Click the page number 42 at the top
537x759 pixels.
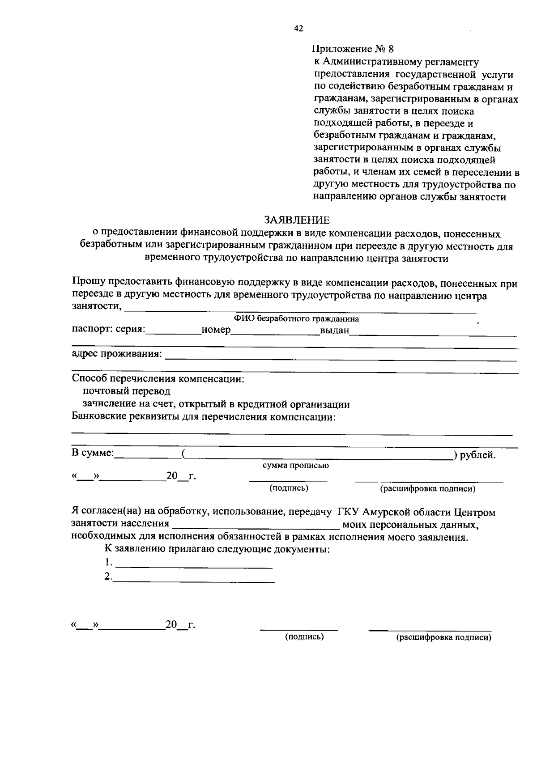tap(298, 29)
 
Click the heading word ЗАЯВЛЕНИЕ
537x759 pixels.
tap(297, 220)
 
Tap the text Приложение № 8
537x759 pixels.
tap(353, 49)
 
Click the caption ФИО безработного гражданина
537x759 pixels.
tap(296, 319)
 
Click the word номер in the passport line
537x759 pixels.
tap(216, 330)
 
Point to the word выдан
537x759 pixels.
tap(334, 331)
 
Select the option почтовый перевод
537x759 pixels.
tap(127, 391)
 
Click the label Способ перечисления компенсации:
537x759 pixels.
tap(158, 379)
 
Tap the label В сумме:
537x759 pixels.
tap(93, 453)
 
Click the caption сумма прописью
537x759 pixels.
tap(296, 465)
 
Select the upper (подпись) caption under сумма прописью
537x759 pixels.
tap(289, 488)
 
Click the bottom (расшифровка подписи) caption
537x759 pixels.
tap(444, 638)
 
